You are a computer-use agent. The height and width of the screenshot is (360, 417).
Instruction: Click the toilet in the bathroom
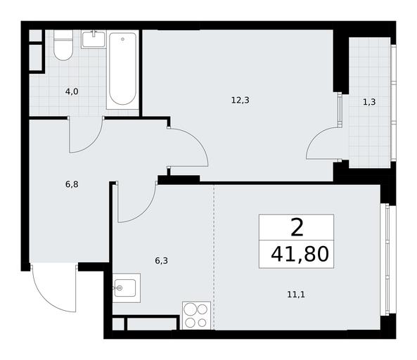point(63,45)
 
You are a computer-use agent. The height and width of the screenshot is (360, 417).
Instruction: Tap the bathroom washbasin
point(94,39)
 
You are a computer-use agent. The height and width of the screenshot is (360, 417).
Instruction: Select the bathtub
point(122,69)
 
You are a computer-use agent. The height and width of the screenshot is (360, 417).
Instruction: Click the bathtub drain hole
point(122,39)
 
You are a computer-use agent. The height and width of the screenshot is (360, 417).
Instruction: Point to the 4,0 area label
point(72,91)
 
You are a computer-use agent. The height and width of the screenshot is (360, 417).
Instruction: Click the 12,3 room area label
point(240,101)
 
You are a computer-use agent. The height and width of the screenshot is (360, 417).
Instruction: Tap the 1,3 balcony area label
point(369,102)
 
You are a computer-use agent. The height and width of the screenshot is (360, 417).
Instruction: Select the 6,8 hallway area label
point(72,184)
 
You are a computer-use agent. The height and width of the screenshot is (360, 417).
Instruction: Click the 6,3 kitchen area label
point(162,261)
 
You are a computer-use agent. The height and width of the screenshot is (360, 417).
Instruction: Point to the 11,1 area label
point(296,295)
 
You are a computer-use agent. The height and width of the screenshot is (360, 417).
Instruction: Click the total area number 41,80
point(300,255)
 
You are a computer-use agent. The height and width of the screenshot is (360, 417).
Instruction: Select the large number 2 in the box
point(297,228)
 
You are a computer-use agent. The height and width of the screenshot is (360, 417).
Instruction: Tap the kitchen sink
point(127,288)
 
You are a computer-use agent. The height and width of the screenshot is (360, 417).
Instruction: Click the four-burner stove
point(196,316)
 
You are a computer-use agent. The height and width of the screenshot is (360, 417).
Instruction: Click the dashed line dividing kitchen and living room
point(214,257)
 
